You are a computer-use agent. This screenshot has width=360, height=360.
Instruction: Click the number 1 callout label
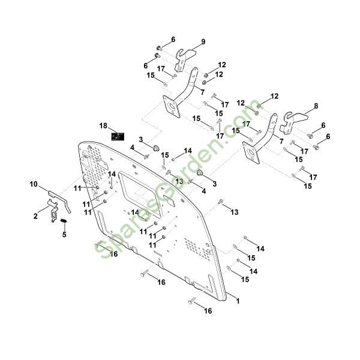[237, 301]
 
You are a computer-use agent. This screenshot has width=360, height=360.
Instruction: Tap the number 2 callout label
[36, 215]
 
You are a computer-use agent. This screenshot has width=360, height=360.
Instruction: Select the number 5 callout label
[64, 235]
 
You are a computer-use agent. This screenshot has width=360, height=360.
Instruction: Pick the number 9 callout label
[203, 41]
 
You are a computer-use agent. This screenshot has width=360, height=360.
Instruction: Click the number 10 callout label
[34, 184]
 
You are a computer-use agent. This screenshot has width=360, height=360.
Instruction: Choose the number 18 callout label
[104, 126]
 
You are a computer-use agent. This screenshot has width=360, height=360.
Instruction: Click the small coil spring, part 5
[64, 224]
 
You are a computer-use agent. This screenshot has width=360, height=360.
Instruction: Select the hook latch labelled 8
[292, 121]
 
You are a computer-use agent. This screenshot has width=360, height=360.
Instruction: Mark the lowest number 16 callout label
[208, 311]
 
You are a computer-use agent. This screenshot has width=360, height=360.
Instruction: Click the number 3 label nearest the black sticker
[141, 139]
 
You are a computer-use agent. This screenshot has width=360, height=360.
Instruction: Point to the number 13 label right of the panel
[235, 212]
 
